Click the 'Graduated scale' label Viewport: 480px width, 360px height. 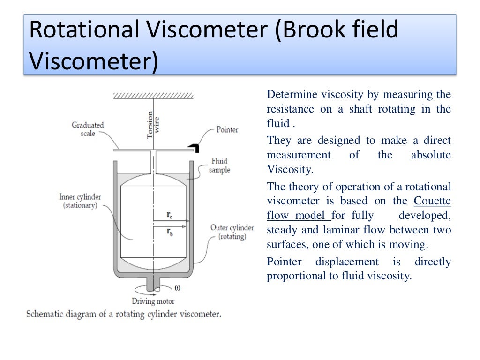click(x=88, y=129)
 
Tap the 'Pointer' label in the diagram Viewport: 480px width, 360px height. click(x=227, y=129)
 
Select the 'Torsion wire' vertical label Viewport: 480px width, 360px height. click(x=153, y=125)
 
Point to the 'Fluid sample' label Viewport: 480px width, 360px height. click(x=219, y=165)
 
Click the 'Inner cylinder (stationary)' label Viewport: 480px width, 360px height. click(x=80, y=201)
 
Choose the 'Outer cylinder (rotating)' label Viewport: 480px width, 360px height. click(x=232, y=232)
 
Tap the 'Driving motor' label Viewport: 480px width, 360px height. click(x=153, y=301)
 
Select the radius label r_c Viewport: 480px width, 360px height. click(x=169, y=215)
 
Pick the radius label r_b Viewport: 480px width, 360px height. click(x=170, y=232)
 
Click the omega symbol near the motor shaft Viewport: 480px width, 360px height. click(x=177, y=287)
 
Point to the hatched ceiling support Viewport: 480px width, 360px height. click(x=153, y=95)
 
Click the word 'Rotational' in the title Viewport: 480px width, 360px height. click(x=82, y=30)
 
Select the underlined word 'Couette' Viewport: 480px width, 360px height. click(x=432, y=201)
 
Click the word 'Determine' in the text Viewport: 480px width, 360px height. click(x=292, y=94)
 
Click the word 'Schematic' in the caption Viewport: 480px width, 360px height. click(x=45, y=314)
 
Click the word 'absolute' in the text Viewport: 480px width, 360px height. click(x=431, y=155)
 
